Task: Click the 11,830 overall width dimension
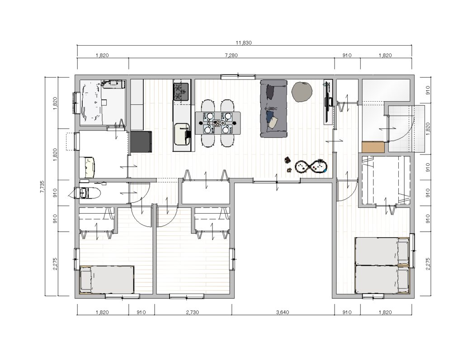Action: tap(244, 43)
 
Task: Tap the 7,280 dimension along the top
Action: tap(231, 55)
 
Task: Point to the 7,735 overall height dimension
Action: tap(42, 187)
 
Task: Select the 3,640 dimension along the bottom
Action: tap(283, 312)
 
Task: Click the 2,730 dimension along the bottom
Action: tap(193, 312)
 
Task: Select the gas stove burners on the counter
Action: tap(181, 92)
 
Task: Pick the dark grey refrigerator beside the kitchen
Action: tap(141, 142)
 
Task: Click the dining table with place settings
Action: tap(217, 123)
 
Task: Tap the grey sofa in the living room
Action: tap(274, 108)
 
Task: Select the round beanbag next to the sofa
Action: tap(302, 92)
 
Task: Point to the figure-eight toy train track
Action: tap(311, 167)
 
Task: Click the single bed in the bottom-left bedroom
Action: tap(107, 280)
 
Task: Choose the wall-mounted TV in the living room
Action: tap(328, 102)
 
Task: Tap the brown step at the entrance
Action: tap(373, 147)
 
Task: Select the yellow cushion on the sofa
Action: tap(273, 122)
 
